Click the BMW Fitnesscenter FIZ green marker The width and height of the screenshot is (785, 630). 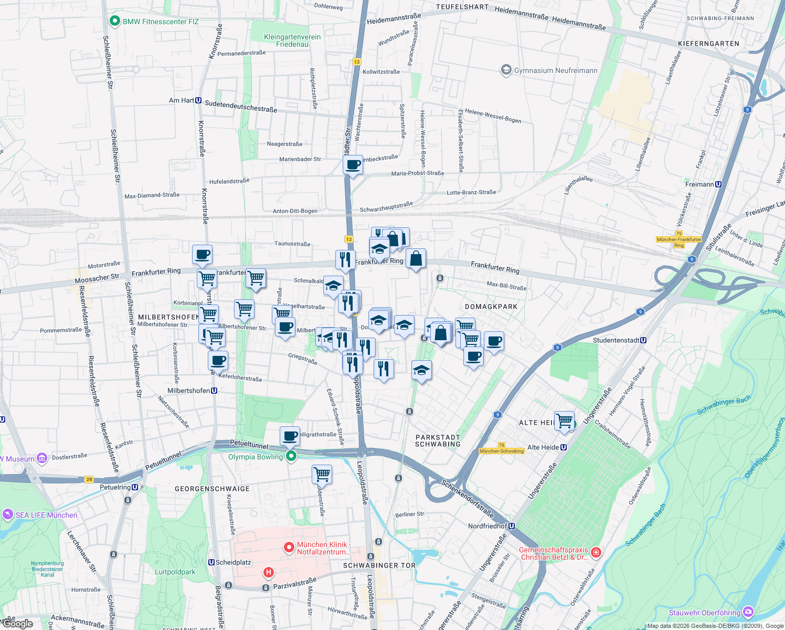114,22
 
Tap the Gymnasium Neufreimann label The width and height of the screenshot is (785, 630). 555,70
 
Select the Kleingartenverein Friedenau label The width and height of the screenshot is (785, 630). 292,40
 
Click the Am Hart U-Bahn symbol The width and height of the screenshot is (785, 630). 198,100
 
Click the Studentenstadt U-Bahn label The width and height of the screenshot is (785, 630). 616,340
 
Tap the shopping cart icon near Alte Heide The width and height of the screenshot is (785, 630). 564,421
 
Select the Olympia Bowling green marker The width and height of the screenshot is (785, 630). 291,456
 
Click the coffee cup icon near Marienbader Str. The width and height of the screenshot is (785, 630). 353,165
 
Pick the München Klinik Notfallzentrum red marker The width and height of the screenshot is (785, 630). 289,548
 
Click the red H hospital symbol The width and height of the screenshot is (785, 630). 268,572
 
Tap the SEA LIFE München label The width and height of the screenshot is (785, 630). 46,515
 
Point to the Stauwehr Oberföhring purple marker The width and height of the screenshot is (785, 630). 748,612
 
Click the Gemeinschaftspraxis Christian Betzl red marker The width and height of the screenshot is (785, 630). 596,552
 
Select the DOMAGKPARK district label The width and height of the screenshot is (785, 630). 491,307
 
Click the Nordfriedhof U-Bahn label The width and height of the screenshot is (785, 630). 487,526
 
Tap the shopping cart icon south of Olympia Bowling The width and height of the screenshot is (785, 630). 322,474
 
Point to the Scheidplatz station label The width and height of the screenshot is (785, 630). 233,562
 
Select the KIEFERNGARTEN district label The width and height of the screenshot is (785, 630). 708,44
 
